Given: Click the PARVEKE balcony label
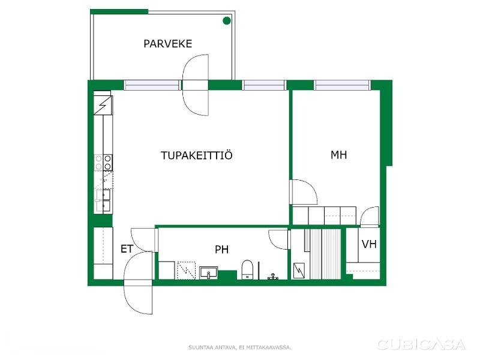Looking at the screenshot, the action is point(168,44).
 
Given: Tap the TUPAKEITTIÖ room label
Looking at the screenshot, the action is point(197,155).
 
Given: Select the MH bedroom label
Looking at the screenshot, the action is point(338,155).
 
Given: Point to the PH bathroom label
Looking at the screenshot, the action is point(221,250).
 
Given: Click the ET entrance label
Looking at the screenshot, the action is point(127,249).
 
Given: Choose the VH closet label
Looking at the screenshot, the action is point(369,244).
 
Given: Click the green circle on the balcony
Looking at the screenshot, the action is point(227,20).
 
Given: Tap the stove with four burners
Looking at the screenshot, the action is point(103,162).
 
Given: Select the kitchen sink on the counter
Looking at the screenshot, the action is point(103,201).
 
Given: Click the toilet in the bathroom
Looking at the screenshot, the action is point(247,269).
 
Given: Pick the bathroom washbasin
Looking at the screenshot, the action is point(208,272).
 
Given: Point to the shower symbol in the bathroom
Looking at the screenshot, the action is point(187,271).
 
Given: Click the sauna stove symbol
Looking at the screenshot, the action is point(299,271).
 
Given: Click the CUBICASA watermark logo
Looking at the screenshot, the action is point(422,344).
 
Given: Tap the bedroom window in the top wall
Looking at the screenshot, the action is point(342,85).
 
